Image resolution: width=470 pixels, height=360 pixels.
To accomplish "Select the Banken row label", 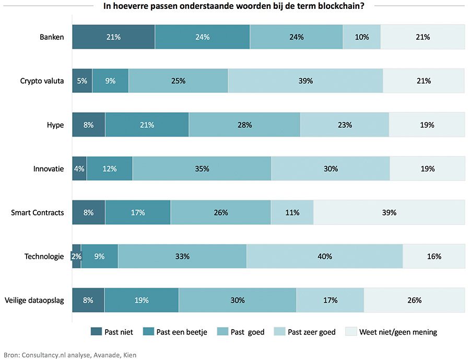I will pyautogui.click(x=52, y=37).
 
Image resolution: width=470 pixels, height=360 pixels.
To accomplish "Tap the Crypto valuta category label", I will pyautogui.click(x=42, y=81).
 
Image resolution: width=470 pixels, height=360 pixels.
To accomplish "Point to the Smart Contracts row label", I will pyautogui.click(x=38, y=212).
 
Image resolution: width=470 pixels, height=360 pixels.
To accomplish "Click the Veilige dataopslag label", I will pyautogui.click(x=34, y=300).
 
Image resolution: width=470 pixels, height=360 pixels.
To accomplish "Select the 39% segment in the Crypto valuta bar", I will pyautogui.click(x=305, y=81).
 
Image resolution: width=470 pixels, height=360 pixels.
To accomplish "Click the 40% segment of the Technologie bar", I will pyautogui.click(x=324, y=256).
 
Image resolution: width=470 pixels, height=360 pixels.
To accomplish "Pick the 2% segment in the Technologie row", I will pyautogui.click(x=76, y=256).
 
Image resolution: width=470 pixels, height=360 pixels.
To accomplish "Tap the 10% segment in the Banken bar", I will pyautogui.click(x=361, y=37).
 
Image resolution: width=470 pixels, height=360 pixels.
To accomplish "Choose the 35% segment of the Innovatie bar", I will pyautogui.click(x=202, y=169).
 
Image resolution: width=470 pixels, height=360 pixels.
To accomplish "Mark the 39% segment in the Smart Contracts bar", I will pyautogui.click(x=389, y=212).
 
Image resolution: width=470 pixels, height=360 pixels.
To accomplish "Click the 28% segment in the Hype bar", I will pyautogui.click(x=244, y=125).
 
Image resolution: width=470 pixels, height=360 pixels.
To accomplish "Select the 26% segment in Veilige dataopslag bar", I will pyautogui.click(x=414, y=300).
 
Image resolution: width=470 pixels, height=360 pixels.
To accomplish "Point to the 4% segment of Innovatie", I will pyautogui.click(x=79, y=169).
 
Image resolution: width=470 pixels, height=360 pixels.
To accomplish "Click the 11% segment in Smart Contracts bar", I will pyautogui.click(x=292, y=212).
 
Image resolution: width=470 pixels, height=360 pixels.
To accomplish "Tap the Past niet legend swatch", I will pyautogui.click(x=97, y=332).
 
